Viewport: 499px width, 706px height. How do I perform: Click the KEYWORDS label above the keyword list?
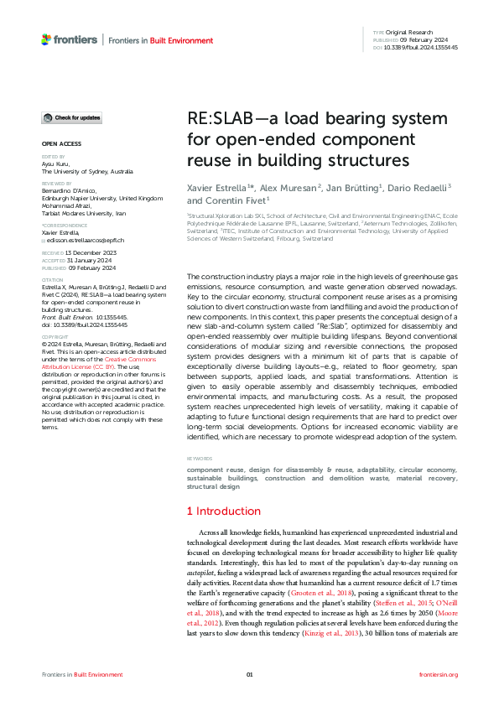(x=199, y=459)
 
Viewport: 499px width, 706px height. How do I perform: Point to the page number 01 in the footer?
(x=249, y=674)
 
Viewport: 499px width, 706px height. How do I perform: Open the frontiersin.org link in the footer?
(x=438, y=674)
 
